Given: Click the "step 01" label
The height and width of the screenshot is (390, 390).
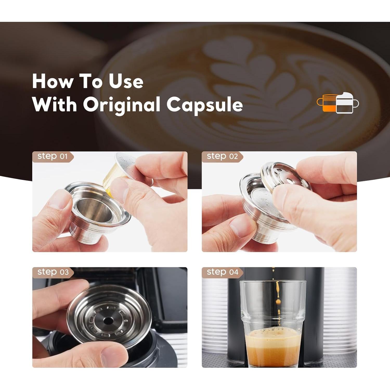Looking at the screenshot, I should (52, 156).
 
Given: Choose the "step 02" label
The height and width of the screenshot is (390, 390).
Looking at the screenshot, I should (222, 156).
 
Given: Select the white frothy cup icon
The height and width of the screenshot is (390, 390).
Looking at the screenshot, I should (346, 103).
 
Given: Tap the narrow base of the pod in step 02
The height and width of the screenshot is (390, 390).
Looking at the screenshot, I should (263, 235).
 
